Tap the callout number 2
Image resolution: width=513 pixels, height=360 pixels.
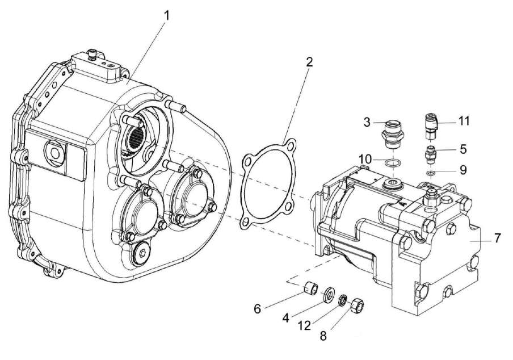(x=309, y=62)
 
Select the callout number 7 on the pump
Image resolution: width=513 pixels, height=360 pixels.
(x=497, y=237)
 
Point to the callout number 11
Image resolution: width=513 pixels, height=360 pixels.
(x=465, y=121)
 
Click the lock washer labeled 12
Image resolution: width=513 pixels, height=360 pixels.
(x=343, y=299)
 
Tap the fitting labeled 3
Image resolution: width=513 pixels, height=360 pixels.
(x=392, y=131)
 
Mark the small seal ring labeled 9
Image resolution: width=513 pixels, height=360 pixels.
(x=431, y=173)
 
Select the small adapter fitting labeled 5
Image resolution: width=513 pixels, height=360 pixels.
(x=431, y=154)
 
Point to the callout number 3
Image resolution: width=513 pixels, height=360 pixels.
(x=367, y=121)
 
